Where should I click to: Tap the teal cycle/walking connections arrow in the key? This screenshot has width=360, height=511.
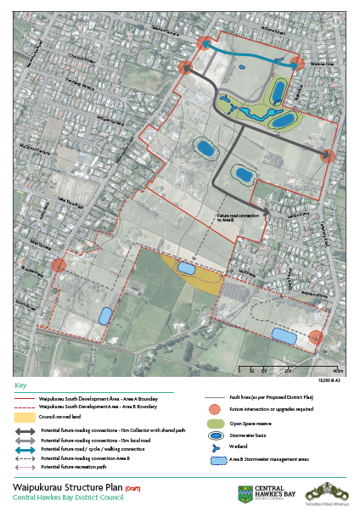(x=26, y=450)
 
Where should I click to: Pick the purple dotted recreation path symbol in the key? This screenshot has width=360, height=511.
(x=26, y=467)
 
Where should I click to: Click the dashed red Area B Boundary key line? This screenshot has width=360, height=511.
(x=26, y=407)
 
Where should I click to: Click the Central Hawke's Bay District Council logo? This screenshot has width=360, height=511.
(x=264, y=493)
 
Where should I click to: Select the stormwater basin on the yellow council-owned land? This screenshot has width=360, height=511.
(x=185, y=269)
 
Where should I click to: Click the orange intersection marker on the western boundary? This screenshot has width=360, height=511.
(x=59, y=266)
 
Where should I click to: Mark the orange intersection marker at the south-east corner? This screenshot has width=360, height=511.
(x=315, y=338)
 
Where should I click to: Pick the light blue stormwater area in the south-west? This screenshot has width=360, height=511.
(x=105, y=316)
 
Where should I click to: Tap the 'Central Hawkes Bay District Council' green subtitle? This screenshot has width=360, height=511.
(x=67, y=497)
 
